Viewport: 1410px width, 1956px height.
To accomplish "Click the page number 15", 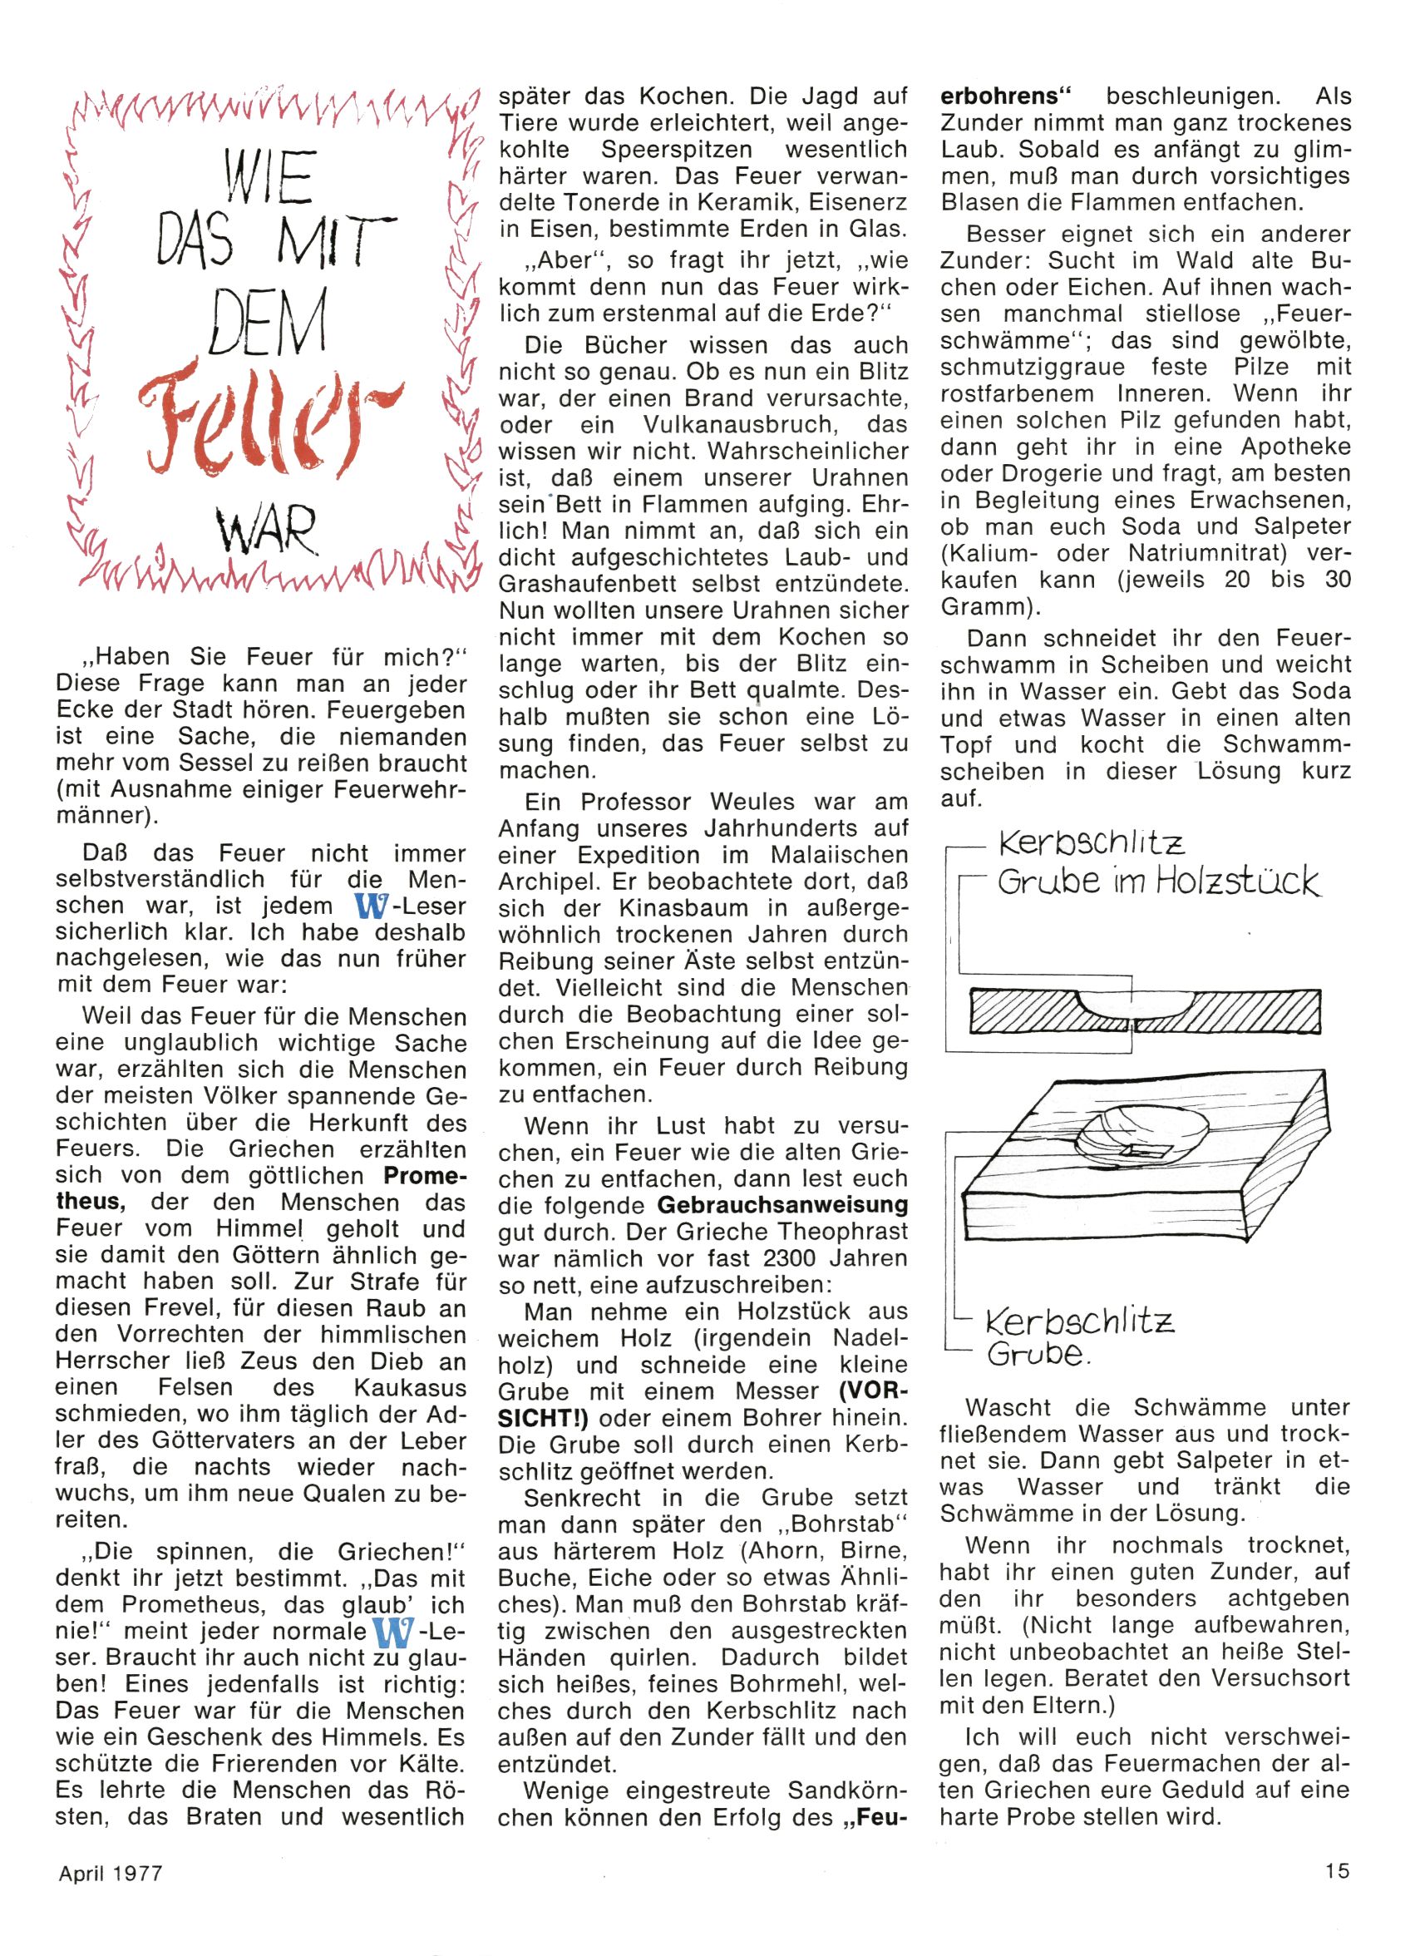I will (x=1338, y=1870).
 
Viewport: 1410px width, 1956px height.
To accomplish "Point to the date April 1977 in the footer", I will (x=111, y=1873).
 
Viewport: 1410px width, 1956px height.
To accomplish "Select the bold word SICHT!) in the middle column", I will (x=545, y=1418).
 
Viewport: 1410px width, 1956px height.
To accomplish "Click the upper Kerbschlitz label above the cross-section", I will (x=1092, y=842).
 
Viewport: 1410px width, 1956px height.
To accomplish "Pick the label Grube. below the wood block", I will (x=1038, y=1354).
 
